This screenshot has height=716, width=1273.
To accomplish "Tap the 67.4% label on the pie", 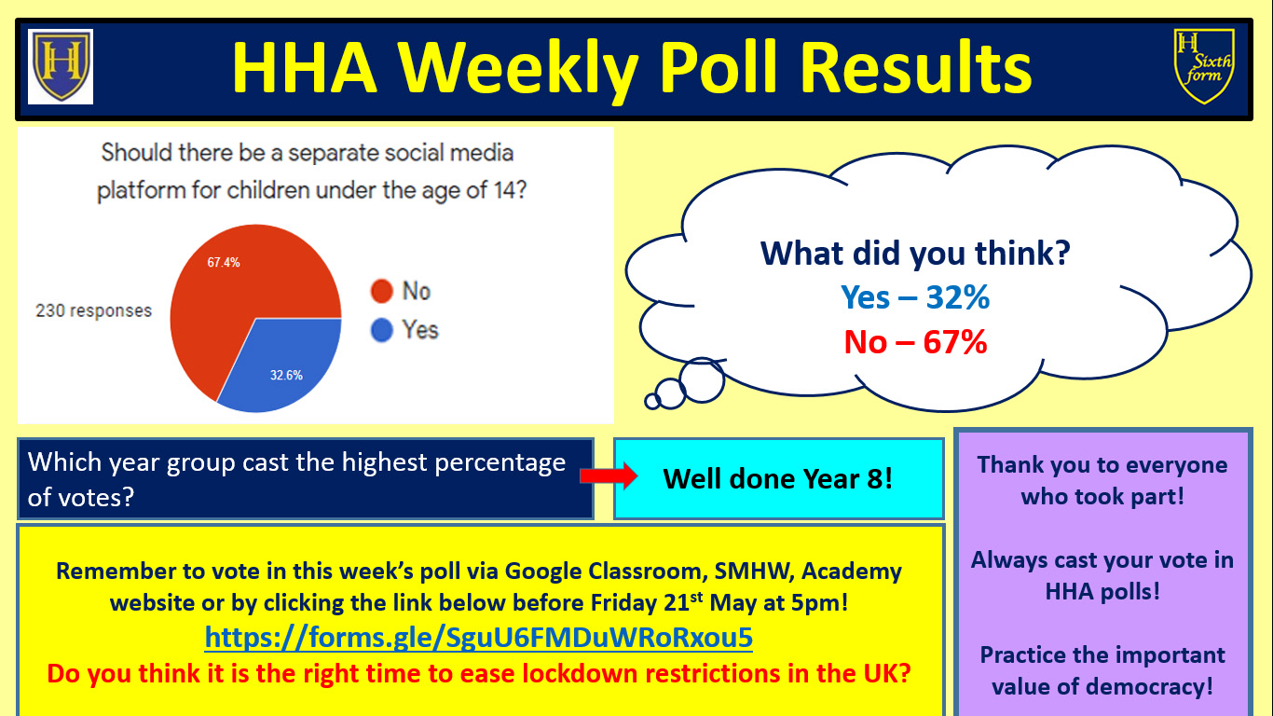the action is click(x=224, y=262).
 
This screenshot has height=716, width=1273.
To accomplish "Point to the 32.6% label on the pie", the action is click(x=286, y=375).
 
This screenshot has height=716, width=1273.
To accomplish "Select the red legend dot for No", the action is click(x=381, y=291).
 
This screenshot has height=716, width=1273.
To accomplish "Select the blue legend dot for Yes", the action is click(x=381, y=330).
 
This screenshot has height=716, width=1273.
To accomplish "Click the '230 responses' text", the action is click(x=94, y=310).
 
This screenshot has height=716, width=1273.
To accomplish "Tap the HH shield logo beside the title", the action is click(x=61, y=66).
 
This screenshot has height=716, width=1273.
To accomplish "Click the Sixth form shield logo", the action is click(x=1204, y=66).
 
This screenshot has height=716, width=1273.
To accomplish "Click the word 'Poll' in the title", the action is click(x=718, y=67).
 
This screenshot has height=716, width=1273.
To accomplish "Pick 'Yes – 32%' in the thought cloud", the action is click(x=915, y=296).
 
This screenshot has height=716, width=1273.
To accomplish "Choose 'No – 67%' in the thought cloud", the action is click(x=915, y=342).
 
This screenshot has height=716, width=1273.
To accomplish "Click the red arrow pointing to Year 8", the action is click(x=609, y=476).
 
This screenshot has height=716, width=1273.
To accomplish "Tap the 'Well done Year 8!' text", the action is click(x=778, y=479).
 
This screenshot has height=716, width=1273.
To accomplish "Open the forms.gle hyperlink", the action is click(x=478, y=637).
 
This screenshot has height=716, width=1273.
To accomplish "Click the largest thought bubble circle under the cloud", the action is click(x=703, y=380).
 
